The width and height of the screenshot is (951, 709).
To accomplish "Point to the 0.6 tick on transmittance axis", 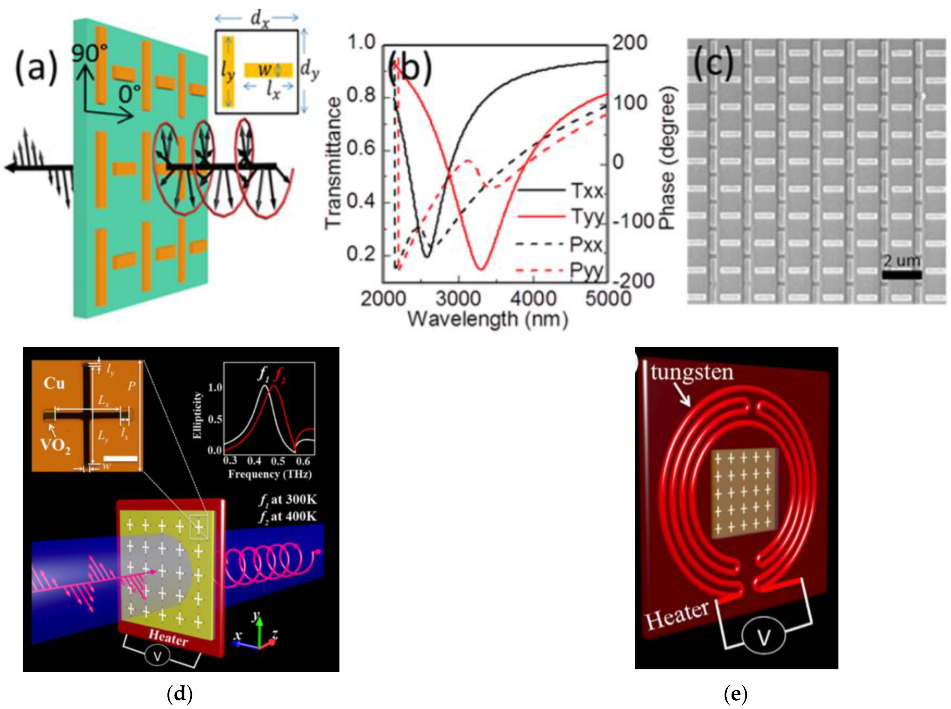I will (x=361, y=150).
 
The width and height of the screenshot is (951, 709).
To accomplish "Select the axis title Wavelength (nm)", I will (x=487, y=319).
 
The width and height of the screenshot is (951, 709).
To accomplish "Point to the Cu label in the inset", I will (x=54, y=383).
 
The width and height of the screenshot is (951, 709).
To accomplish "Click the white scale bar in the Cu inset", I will (x=121, y=458).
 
